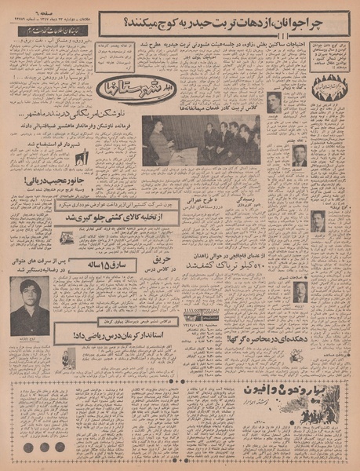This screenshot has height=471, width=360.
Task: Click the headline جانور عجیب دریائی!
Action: (x=46, y=181)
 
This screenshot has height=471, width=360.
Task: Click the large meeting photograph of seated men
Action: (x=202, y=140)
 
